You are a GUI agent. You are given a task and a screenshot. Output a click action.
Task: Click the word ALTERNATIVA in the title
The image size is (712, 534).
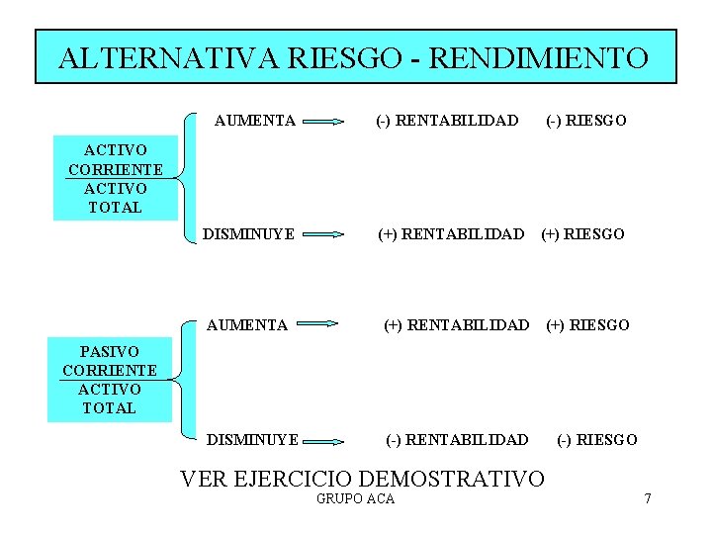click(x=169, y=57)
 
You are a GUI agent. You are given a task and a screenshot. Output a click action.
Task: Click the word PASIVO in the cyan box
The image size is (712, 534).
click(x=109, y=352)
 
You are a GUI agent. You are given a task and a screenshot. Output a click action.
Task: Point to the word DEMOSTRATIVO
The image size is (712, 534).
click(x=453, y=480)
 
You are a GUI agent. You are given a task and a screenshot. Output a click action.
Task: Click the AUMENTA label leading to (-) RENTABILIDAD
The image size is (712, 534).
click(x=255, y=121)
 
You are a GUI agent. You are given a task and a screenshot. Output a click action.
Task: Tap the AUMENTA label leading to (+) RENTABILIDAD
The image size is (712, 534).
click(x=247, y=324)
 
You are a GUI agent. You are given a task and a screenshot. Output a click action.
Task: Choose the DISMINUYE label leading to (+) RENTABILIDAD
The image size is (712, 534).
click(x=249, y=234)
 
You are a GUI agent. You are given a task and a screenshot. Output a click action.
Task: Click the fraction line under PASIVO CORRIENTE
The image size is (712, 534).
click(x=109, y=379)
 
